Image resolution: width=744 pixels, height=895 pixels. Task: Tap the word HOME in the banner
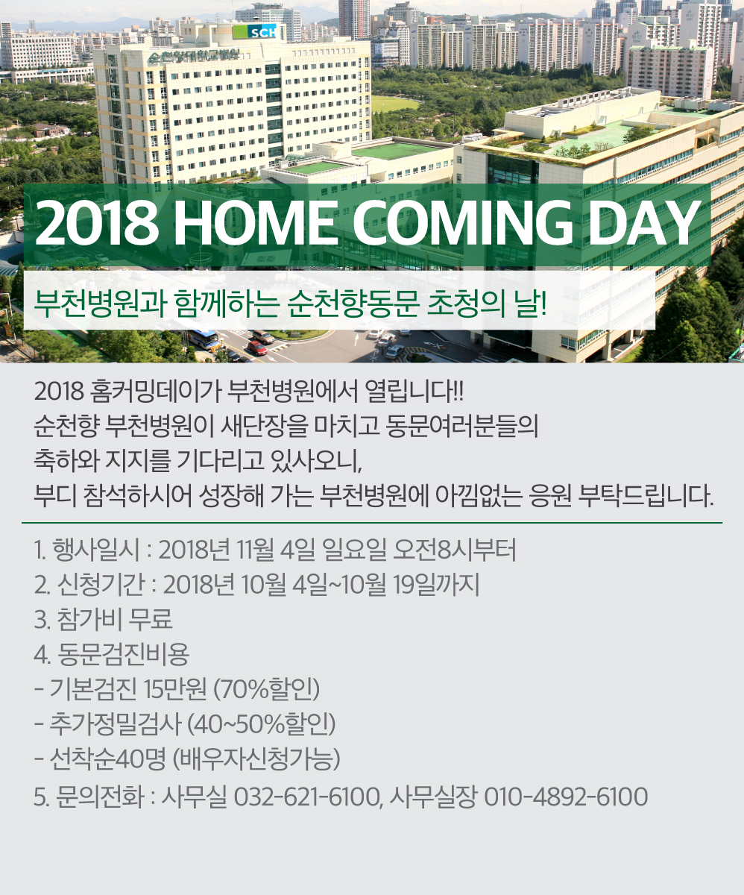pos(253,224)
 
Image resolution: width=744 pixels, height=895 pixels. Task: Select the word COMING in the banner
pos(462,224)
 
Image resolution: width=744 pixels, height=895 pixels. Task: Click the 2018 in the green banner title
pos(96,224)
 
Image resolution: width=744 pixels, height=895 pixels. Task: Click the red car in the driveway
pos(257,348)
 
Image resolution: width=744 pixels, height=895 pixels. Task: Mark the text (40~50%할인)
pos(262,724)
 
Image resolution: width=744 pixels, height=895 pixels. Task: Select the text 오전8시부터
pos(454,550)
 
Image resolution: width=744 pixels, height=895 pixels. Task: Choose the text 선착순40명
pos(107,759)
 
